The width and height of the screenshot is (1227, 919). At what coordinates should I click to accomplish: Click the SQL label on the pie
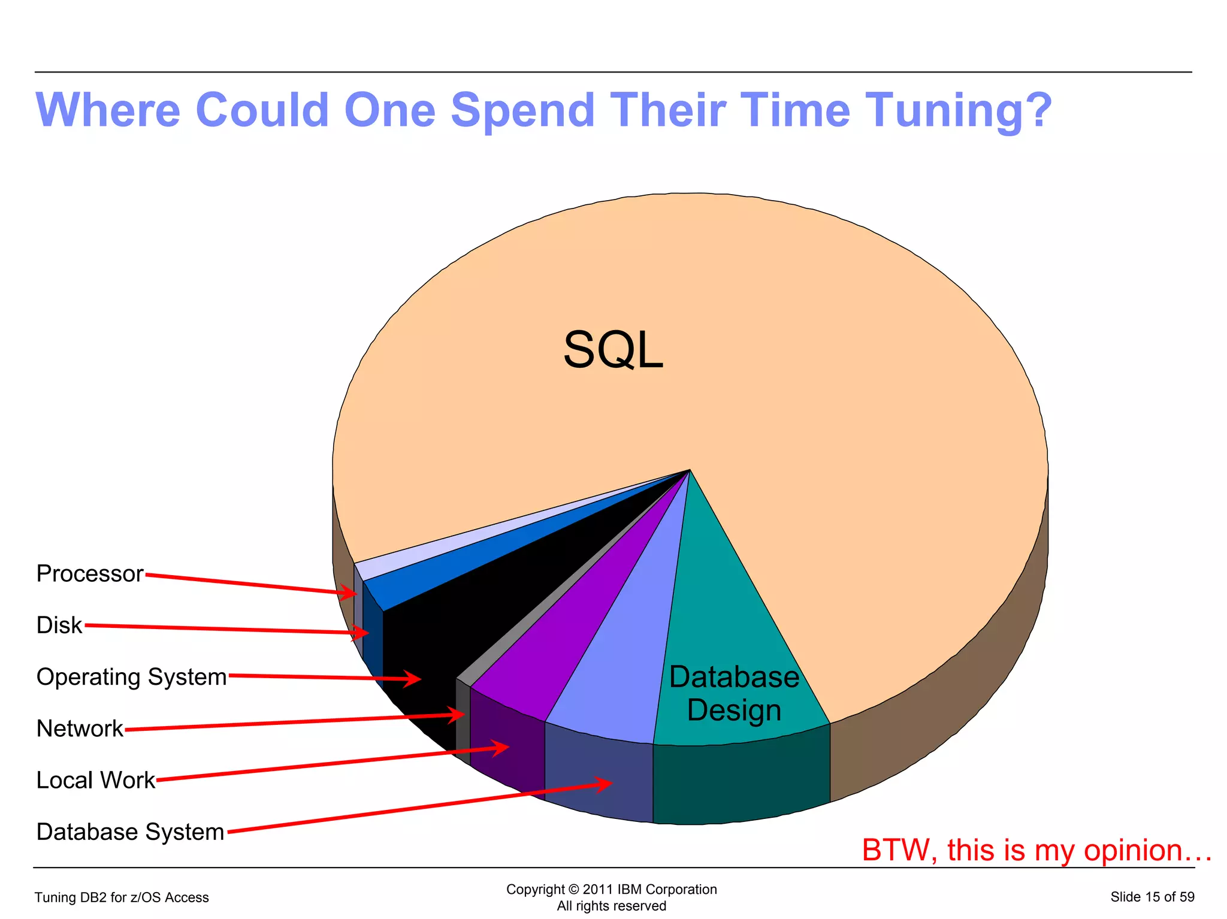pyautogui.click(x=613, y=350)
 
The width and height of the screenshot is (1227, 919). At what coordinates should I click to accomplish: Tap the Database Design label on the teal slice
pyautogui.click(x=734, y=693)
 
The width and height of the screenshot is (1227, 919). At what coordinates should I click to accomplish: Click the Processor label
pyautogui.click(x=90, y=574)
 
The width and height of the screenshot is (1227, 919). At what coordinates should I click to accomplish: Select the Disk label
pyautogui.click(x=59, y=625)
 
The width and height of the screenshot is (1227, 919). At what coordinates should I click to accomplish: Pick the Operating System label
pyautogui.click(x=132, y=677)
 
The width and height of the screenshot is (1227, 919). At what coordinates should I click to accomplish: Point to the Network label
pyautogui.click(x=80, y=728)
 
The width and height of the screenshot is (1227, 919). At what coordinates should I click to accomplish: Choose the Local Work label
pyautogui.click(x=96, y=780)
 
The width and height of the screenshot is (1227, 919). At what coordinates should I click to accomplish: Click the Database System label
pyautogui.click(x=130, y=832)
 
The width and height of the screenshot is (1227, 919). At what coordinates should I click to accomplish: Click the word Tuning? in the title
pyautogui.click(x=959, y=111)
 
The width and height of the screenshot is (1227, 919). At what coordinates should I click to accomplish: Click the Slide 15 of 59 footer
pyautogui.click(x=1152, y=897)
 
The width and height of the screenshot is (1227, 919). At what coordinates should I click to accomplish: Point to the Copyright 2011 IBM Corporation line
pyautogui.click(x=611, y=889)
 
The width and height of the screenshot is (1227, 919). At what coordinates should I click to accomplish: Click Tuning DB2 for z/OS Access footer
pyautogui.click(x=122, y=897)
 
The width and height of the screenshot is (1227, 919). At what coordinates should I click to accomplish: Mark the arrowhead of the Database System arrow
pyautogui.click(x=608, y=783)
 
